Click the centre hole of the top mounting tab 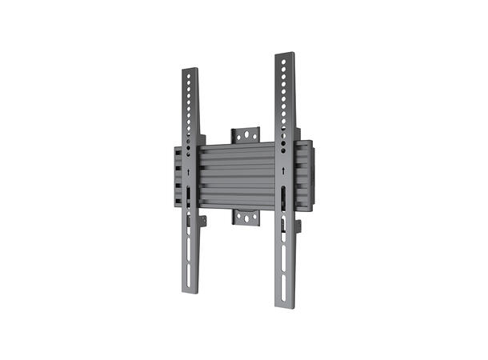pos(247,134)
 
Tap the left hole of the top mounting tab pos(238,134)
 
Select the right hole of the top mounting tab pos(256,134)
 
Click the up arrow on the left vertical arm pos(187,172)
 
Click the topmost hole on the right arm pos(284,62)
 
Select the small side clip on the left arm pos(203,221)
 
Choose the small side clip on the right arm pos(298,226)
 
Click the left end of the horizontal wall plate pos(173,176)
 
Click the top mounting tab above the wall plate pos(247,134)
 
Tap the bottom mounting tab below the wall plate pos(247,215)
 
